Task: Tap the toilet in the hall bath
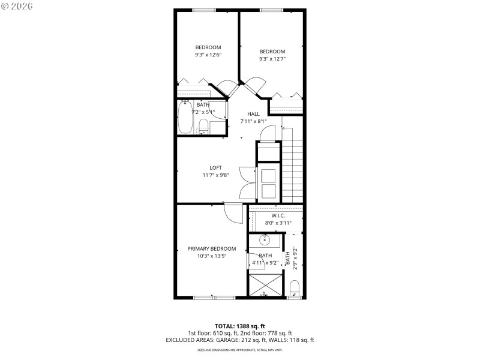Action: (x=203, y=127)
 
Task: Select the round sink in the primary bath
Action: (x=265, y=241)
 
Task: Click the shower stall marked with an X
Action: (x=265, y=285)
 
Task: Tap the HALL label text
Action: (x=253, y=113)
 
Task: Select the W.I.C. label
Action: (x=278, y=215)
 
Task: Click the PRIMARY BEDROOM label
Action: (x=211, y=248)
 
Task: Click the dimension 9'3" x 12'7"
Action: (x=272, y=59)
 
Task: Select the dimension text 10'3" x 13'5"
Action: (x=211, y=256)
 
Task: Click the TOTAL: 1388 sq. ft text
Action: (x=239, y=326)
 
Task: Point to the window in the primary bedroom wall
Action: (x=214, y=298)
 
